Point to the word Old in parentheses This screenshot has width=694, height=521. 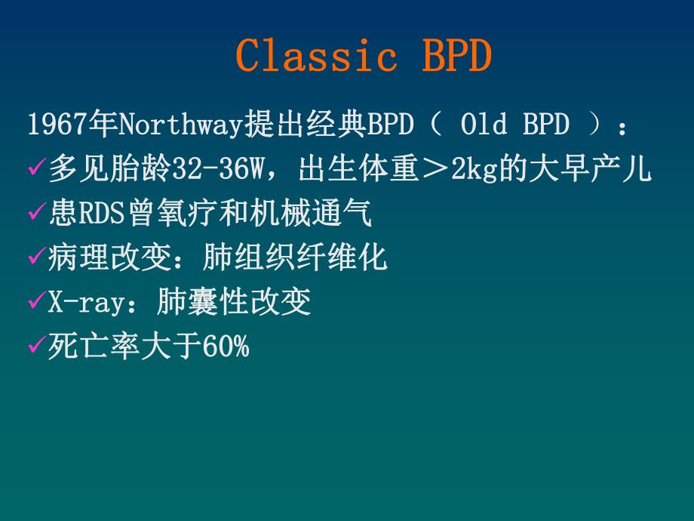(484, 125)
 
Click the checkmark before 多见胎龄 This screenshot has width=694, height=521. (36, 170)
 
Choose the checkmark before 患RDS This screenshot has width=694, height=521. (36, 214)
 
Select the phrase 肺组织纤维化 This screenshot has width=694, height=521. (295, 258)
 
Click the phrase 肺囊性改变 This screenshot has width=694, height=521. (234, 303)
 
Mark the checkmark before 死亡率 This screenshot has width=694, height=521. (36, 348)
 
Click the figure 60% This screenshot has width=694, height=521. (224, 347)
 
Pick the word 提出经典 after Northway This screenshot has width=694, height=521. (306, 125)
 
